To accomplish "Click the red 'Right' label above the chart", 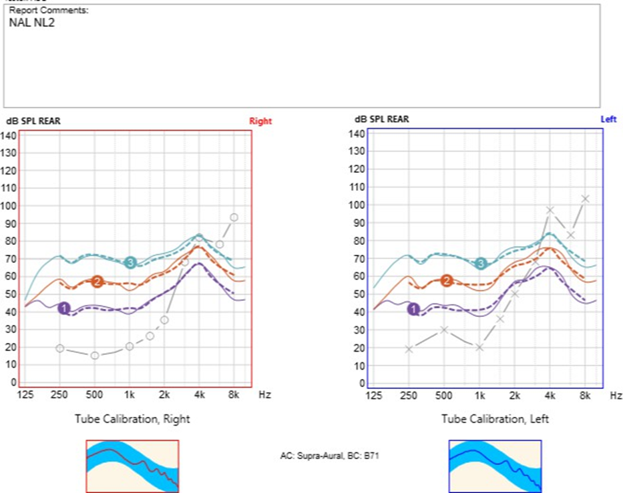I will tap(260, 121).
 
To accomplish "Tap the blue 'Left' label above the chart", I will tap(608, 119).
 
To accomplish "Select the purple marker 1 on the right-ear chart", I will tap(64, 308).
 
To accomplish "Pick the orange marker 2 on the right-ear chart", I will tap(97, 282).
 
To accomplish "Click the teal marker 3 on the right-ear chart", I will tap(131, 262).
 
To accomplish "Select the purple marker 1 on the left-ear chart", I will tap(414, 309).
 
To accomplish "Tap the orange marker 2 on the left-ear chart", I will tap(447, 281).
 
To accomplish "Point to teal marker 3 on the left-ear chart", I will tap(481, 264).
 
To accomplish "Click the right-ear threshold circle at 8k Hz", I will tap(234, 217).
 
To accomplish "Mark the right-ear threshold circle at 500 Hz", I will tap(95, 356).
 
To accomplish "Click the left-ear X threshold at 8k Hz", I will tap(585, 199).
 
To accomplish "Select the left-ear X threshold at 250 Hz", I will tap(409, 349).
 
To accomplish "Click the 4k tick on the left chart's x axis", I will tap(550, 396).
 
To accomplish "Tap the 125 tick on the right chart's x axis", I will tap(26, 396).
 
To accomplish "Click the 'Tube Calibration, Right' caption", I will tap(132, 419).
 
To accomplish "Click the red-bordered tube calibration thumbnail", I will tap(132, 466).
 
